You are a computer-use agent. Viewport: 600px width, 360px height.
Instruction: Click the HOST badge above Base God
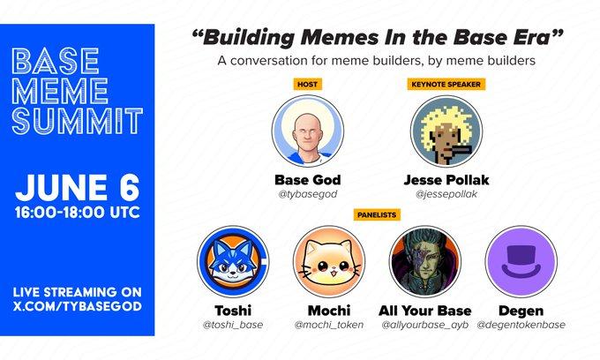[x=306, y=85]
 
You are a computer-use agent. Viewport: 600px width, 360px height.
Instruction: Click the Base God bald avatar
[x=306, y=129]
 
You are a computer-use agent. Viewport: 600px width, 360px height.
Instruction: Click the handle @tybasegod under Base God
[x=306, y=195]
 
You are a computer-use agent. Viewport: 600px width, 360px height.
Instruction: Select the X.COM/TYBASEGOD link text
[x=77, y=305]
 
